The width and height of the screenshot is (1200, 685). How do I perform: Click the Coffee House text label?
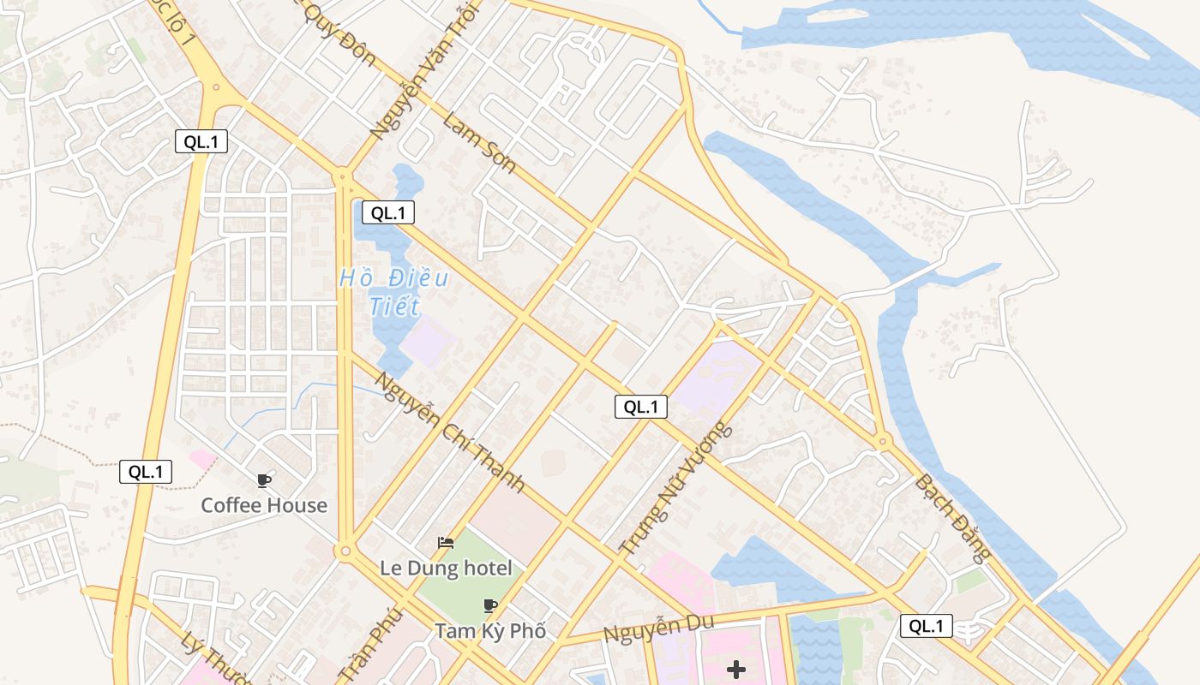pyautogui.click(x=264, y=505)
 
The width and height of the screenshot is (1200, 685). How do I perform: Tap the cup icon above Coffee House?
pyautogui.click(x=264, y=480)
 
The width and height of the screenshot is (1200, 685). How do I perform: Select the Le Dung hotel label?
pyautogui.click(x=446, y=568)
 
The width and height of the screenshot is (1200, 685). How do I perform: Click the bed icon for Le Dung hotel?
pyautogui.click(x=446, y=543)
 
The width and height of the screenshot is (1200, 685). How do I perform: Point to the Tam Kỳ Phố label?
pyautogui.click(x=489, y=631)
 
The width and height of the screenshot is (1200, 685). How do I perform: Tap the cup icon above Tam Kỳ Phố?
pyautogui.click(x=490, y=606)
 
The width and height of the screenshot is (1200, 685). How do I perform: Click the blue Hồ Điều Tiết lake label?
pyautogui.click(x=394, y=292)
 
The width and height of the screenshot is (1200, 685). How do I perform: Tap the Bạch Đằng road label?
pyautogui.click(x=952, y=517)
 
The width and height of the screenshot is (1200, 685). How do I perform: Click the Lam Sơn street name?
pyautogui.click(x=479, y=142)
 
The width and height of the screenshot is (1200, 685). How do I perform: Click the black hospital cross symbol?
pyautogui.click(x=735, y=669)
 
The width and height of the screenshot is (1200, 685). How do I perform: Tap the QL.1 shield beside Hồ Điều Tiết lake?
pyautogui.click(x=387, y=212)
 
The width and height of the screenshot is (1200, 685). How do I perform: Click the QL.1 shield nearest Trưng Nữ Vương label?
pyautogui.click(x=640, y=407)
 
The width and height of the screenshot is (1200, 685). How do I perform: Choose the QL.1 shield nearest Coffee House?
pyautogui.click(x=146, y=471)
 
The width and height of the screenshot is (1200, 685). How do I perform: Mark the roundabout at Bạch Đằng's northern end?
pyautogui.click(x=883, y=442)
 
